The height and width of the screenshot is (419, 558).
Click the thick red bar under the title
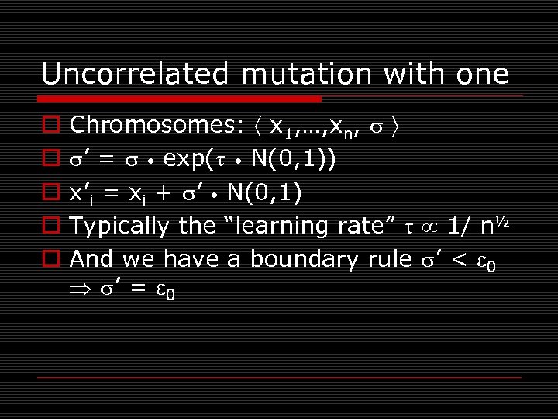pos(181,99)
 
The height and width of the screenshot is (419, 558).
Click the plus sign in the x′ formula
pos(161,192)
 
